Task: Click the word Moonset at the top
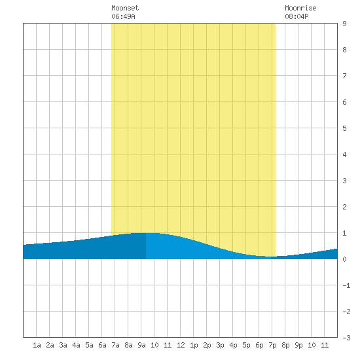[x=125, y=8]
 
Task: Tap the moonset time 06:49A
[x=123, y=16]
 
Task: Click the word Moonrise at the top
[x=300, y=8]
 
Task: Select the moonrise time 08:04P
[x=297, y=16]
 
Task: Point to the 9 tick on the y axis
[x=344, y=24]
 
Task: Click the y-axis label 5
[x=344, y=128]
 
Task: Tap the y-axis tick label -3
[x=346, y=338]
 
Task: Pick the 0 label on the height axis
[x=344, y=259]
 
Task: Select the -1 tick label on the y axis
[x=346, y=285]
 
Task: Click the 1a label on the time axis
[x=37, y=345]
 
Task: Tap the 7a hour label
[x=115, y=345]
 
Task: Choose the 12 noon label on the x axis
[x=181, y=345]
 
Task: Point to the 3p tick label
[x=220, y=345]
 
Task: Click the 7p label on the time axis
[x=272, y=345]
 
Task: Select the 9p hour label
[x=298, y=345]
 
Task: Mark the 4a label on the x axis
[x=76, y=345]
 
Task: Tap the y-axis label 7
[x=344, y=76]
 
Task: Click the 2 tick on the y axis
[x=344, y=207]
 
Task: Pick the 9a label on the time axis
[x=141, y=345]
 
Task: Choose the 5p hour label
[x=246, y=345]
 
